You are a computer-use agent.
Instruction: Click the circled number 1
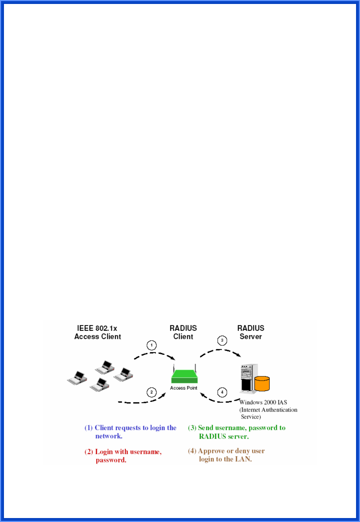tap(152, 345)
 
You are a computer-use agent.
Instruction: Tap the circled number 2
tap(152, 392)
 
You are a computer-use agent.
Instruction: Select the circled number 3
tap(222, 341)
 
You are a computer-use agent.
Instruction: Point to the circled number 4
tap(222, 392)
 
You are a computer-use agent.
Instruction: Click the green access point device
tap(184, 376)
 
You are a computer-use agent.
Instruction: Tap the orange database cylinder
tap(262, 383)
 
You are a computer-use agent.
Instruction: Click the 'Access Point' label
tap(183, 388)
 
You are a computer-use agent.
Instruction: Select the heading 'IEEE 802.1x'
tap(97, 328)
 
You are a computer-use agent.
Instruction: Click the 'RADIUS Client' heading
tap(183, 332)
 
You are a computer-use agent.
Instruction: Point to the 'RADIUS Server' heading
tap(251, 332)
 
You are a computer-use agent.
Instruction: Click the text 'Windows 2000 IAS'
tap(263, 402)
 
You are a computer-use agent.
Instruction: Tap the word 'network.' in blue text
tap(109, 436)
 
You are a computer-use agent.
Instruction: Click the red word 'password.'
tap(111, 460)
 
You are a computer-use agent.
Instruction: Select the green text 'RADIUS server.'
tap(224, 437)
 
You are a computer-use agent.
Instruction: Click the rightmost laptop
tap(124, 374)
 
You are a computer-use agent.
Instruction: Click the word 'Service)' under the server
tap(251, 417)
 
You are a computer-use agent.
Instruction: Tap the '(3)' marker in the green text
tap(192, 428)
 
